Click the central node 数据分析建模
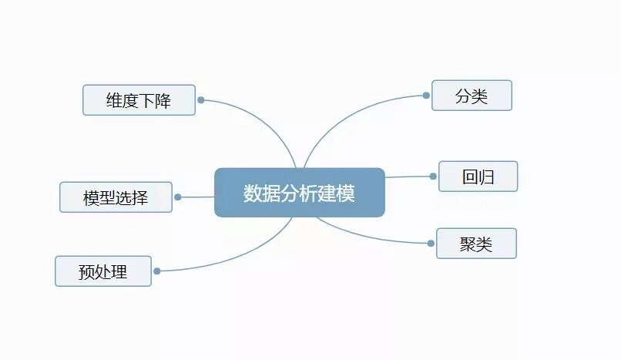(299, 192)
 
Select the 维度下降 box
(139, 100)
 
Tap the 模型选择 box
(116, 197)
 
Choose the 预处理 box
(102, 271)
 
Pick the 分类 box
(472, 96)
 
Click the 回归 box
(478, 177)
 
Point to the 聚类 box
(476, 244)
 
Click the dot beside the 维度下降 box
(200, 99)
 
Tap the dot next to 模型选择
(177, 197)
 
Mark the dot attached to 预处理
(157, 271)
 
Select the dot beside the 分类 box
(426, 96)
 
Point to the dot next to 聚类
(431, 243)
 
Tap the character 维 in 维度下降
(115, 100)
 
